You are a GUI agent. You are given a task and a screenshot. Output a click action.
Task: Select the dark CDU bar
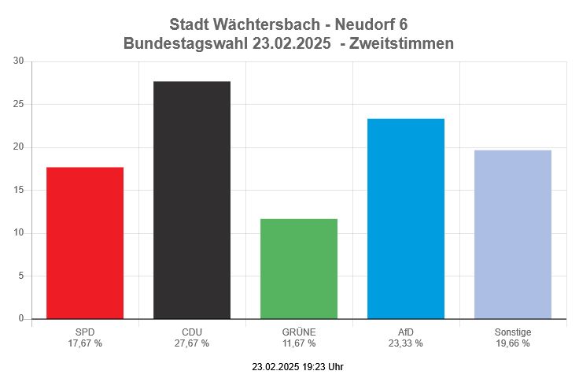coord(192,200)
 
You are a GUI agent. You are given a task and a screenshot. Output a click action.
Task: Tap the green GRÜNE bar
coord(299,269)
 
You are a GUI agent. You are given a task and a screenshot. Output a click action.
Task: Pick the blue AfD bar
coord(406,218)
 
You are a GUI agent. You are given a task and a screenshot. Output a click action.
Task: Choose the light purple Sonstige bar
coord(513,234)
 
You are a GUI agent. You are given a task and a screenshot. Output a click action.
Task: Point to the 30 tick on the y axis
coord(19,61)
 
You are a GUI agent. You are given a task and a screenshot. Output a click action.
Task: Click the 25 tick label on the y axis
coord(19,104)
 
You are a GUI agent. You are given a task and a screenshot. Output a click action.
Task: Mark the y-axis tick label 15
coord(19,190)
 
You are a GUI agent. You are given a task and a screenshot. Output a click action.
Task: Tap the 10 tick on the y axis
coord(19,233)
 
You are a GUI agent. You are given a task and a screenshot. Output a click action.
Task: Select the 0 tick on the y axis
coord(21,319)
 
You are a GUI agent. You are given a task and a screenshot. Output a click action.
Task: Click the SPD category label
coord(85,332)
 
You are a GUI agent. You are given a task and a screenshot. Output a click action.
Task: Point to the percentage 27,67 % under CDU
coord(192,343)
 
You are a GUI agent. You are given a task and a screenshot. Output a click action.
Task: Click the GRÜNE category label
coord(299,332)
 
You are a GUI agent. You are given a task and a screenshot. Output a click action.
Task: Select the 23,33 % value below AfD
coord(406,343)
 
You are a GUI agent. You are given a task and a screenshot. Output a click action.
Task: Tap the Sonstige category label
coord(513,332)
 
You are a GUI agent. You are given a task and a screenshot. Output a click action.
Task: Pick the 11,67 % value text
coord(299,343)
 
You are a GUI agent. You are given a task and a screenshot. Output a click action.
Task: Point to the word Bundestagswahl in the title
coord(186,44)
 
